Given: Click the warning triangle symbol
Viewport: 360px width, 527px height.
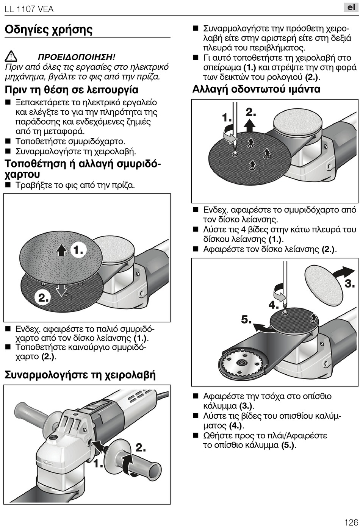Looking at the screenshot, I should coord(11,57).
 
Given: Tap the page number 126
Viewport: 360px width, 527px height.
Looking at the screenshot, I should coord(351,522).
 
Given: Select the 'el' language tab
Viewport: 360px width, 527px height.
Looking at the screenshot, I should coord(351,7).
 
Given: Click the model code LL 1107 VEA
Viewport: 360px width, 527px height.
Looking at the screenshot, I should coord(29,9).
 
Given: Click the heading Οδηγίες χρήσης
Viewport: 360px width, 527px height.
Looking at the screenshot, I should coord(49,30).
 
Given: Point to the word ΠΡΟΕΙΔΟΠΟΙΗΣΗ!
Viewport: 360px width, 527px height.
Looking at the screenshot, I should coord(76,57).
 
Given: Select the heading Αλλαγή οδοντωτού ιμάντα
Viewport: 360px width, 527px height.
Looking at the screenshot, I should coord(256,89).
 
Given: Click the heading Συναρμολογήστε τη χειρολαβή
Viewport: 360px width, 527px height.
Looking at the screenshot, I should coord(80,375).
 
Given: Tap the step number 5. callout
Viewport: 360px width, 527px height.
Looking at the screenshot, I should coord(246,319).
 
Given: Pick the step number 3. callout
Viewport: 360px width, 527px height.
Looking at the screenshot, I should coord(349,283).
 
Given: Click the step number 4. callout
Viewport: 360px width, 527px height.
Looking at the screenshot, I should coord(274,305).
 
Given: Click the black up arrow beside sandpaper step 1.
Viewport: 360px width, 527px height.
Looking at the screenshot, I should coord(61,250).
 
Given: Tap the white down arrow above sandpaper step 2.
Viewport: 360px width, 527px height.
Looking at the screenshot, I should coord(61,289).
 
